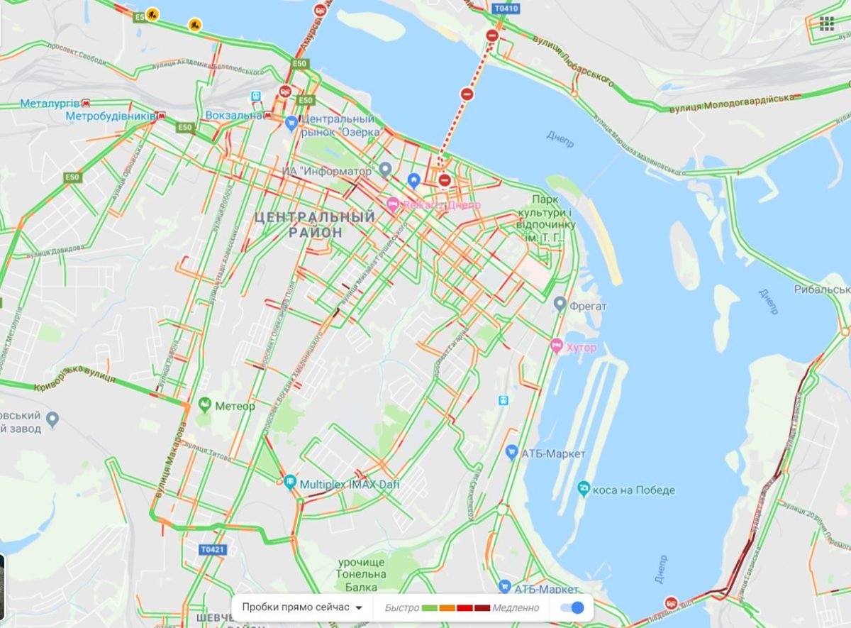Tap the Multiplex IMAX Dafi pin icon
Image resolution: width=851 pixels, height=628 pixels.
pos(290,483)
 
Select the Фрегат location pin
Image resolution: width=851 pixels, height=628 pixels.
pos(560,305)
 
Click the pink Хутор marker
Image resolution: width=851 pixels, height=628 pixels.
pos(557,346)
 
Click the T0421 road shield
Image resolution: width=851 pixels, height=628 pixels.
pos(212,549)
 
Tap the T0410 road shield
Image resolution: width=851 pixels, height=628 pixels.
pos(506,9)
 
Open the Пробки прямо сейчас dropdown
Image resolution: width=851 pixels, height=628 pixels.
pos(303,607)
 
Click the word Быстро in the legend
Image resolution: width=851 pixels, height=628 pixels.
pos(401,608)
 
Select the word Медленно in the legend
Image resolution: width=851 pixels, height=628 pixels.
pos(516,608)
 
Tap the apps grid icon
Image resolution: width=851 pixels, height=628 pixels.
pos(826,24)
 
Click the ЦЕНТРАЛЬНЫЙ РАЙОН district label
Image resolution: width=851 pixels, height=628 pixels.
pos(315,224)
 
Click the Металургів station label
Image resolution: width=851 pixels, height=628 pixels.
pos(50,104)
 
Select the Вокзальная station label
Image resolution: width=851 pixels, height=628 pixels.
pos(235,115)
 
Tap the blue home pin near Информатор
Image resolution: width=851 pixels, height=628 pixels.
pos(413,180)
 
